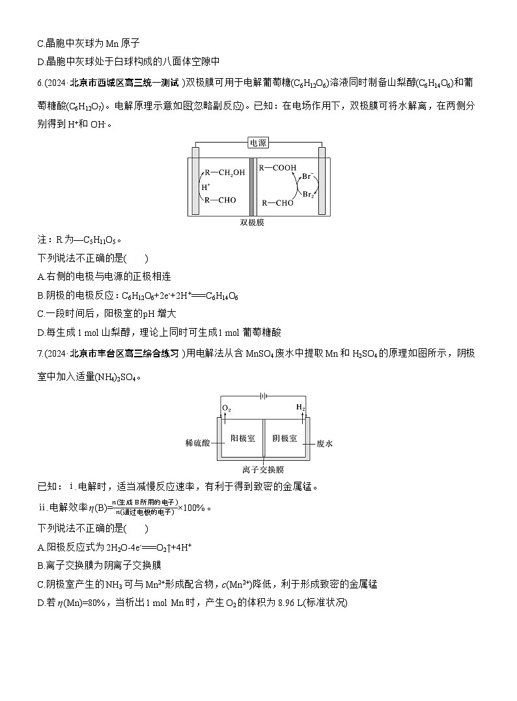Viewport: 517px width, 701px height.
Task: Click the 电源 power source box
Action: [x=258, y=143]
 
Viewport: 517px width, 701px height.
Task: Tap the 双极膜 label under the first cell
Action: [x=252, y=222]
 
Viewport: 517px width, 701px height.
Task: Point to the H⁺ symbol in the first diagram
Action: [x=206, y=187]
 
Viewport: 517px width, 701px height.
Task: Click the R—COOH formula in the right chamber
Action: [x=277, y=168]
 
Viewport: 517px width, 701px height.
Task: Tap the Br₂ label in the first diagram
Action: [x=307, y=194]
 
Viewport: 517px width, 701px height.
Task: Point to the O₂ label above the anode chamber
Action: [x=226, y=407]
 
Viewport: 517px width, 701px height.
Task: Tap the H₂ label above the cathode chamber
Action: [x=300, y=407]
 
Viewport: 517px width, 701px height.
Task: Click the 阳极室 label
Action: [x=242, y=437]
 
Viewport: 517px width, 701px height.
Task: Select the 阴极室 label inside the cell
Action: [x=284, y=437]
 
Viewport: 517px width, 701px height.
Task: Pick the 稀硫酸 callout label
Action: [x=198, y=443]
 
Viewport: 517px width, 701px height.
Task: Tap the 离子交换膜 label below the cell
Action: [x=262, y=469]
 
